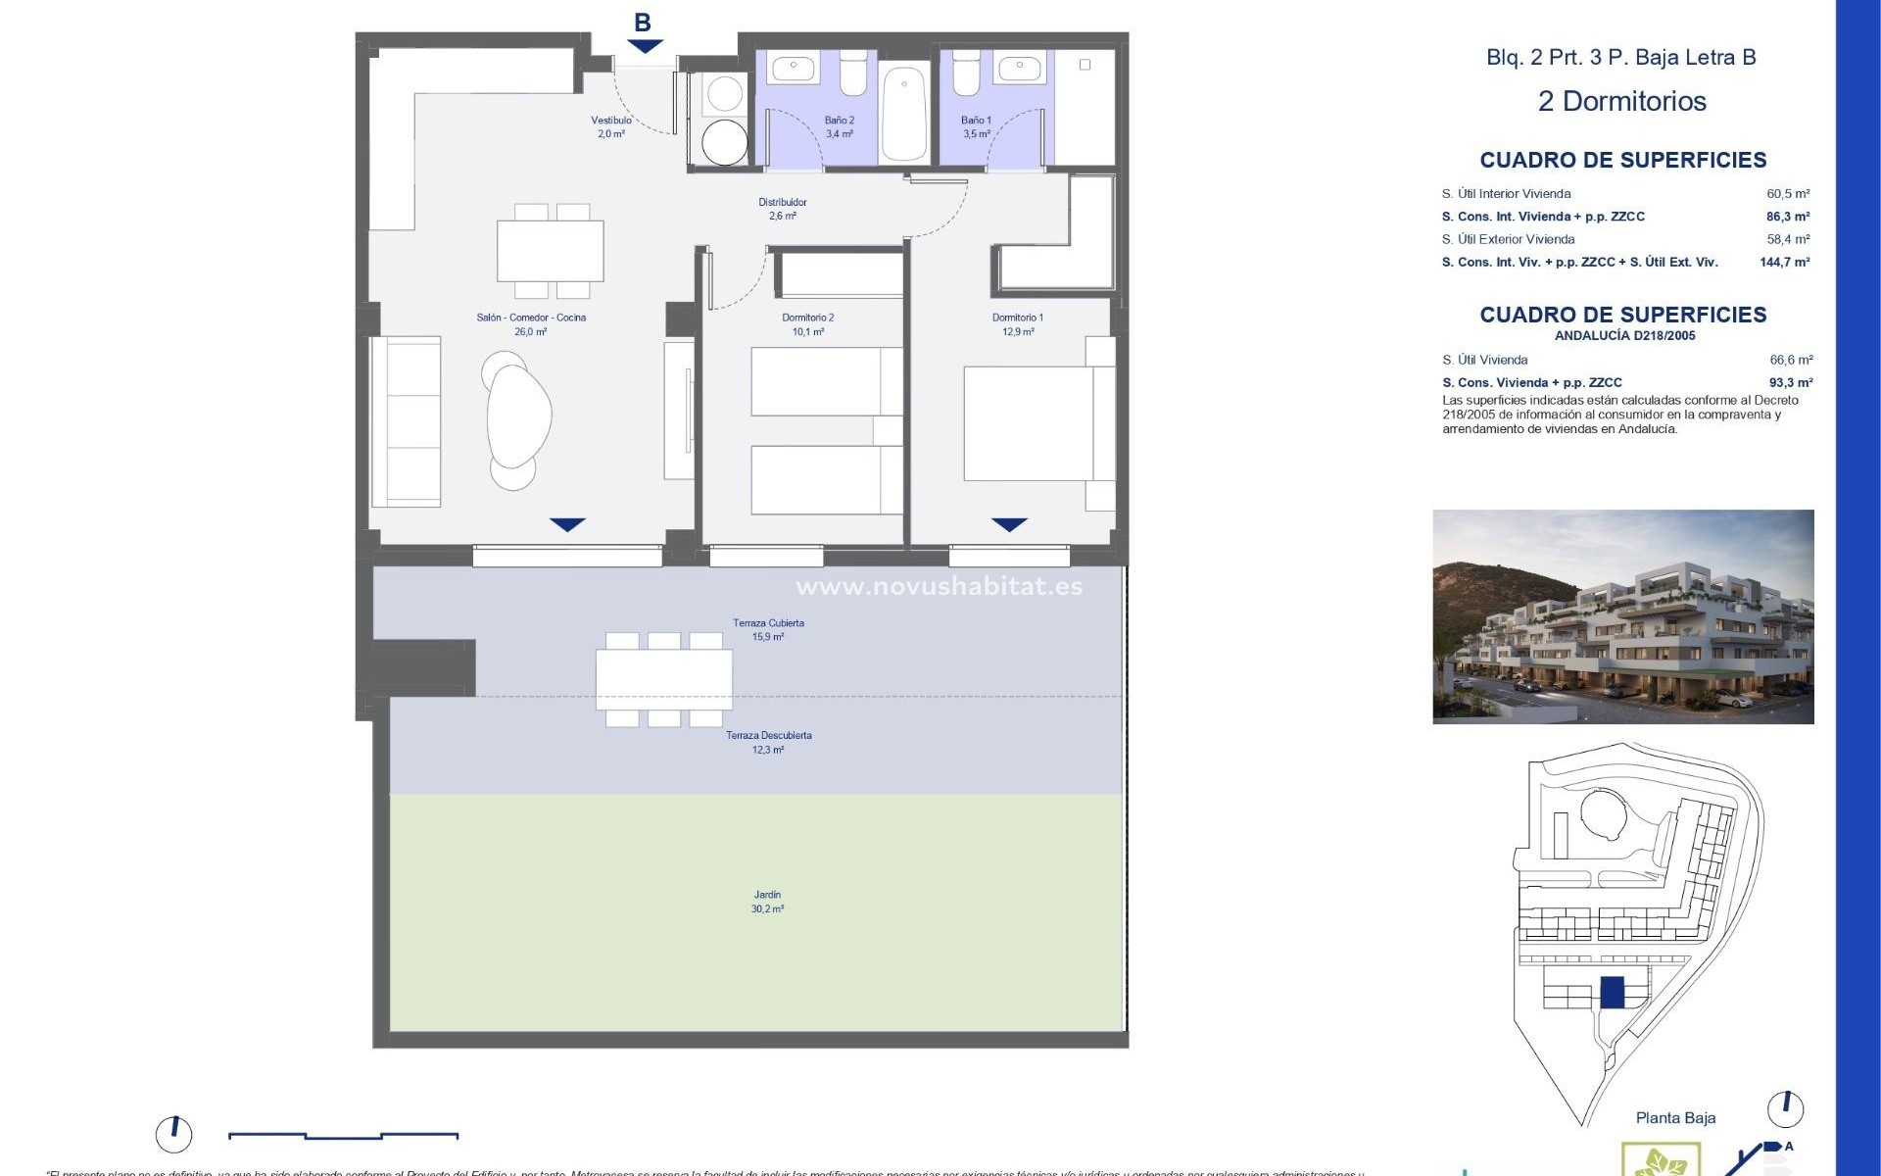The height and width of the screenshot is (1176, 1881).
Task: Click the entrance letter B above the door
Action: [x=643, y=22]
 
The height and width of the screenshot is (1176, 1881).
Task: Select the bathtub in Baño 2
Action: [x=904, y=113]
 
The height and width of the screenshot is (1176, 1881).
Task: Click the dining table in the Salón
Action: [x=551, y=251]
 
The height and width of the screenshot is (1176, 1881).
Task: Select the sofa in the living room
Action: [x=406, y=421]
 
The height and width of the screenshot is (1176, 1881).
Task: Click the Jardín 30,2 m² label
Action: [x=767, y=902]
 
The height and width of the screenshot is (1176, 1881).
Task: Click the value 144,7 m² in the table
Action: [x=1784, y=262]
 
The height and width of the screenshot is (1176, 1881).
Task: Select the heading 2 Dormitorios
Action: [x=1621, y=101]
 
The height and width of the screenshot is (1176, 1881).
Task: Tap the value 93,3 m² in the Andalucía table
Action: [x=1791, y=383]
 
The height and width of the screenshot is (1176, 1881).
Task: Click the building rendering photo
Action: [x=1622, y=616]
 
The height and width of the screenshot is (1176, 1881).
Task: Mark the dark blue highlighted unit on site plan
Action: [x=1612, y=992]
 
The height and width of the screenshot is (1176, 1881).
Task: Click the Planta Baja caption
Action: [x=1675, y=1118]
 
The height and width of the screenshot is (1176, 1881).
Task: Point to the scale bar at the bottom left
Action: [x=343, y=1136]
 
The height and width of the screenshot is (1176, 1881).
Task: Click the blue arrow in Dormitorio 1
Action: [x=1009, y=525]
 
